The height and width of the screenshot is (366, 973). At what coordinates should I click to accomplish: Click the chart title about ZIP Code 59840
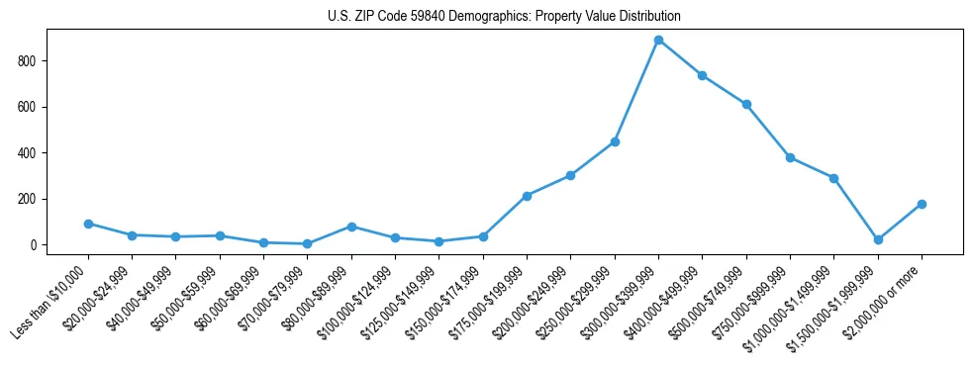tap(504, 17)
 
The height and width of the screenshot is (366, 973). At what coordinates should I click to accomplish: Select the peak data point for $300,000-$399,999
tap(658, 41)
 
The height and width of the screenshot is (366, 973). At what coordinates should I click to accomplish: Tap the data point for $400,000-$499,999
tap(702, 75)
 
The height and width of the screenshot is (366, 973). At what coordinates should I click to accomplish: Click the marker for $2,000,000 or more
tap(922, 204)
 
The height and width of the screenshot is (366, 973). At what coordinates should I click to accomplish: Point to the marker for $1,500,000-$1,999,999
tap(878, 239)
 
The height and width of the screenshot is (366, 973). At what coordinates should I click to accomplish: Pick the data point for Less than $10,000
tap(88, 224)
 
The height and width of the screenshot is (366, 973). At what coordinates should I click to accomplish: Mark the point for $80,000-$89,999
tap(351, 227)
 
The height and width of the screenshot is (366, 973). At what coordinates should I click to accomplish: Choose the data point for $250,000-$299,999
tap(615, 141)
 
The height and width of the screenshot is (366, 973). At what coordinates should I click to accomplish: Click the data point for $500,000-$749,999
tap(746, 104)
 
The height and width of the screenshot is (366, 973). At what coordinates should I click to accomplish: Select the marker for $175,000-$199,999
tap(527, 196)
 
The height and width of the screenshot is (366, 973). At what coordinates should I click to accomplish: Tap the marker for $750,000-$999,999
tap(790, 157)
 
